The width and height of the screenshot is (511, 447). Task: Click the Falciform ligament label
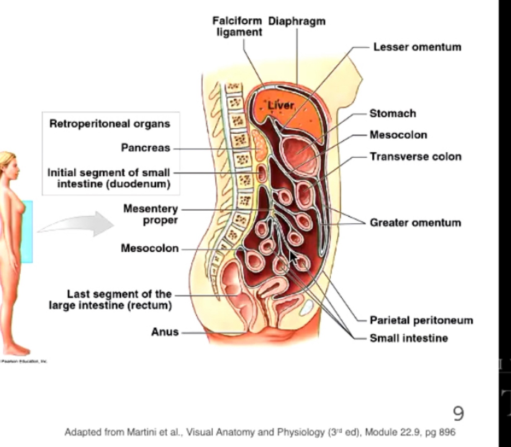coord(237,26)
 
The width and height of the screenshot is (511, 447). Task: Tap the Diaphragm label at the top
coord(297,21)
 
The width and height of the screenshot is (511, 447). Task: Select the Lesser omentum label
coord(417,47)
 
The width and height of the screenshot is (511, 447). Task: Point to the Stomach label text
coord(393,113)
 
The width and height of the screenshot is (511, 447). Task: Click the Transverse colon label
coord(415,157)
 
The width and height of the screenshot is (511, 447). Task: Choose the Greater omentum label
coord(415,223)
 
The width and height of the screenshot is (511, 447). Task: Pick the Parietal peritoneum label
coord(421,320)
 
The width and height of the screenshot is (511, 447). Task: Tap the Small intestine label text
coord(408,338)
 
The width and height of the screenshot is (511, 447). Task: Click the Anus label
coord(165,332)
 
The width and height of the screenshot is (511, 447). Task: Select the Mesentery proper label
coord(151,214)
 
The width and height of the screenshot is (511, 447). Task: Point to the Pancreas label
coord(145,147)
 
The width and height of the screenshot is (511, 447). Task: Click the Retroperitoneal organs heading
coord(110,124)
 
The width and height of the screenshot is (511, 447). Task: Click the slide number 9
coord(458,413)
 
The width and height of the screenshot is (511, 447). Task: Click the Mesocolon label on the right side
coord(398,135)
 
